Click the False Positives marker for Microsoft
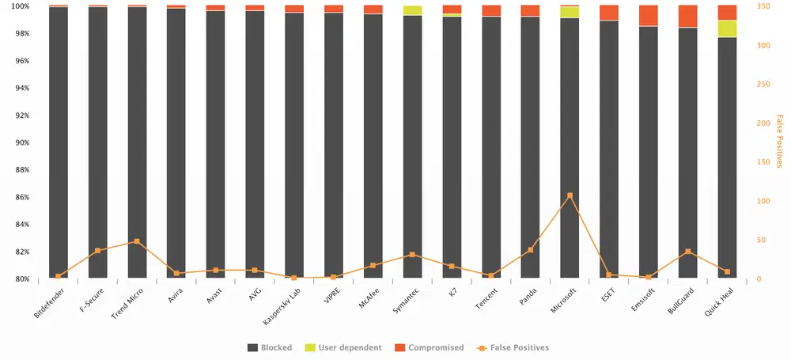570,195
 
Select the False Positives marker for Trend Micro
137,241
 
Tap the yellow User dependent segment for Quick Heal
727,28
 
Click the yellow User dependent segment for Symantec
412,10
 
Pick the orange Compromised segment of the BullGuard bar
687,16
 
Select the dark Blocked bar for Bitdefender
59,142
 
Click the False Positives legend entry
513,347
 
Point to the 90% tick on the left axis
21,142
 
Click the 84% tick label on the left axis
21,225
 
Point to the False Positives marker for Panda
530,250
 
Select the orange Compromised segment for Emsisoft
648,15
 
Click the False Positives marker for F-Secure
97,251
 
